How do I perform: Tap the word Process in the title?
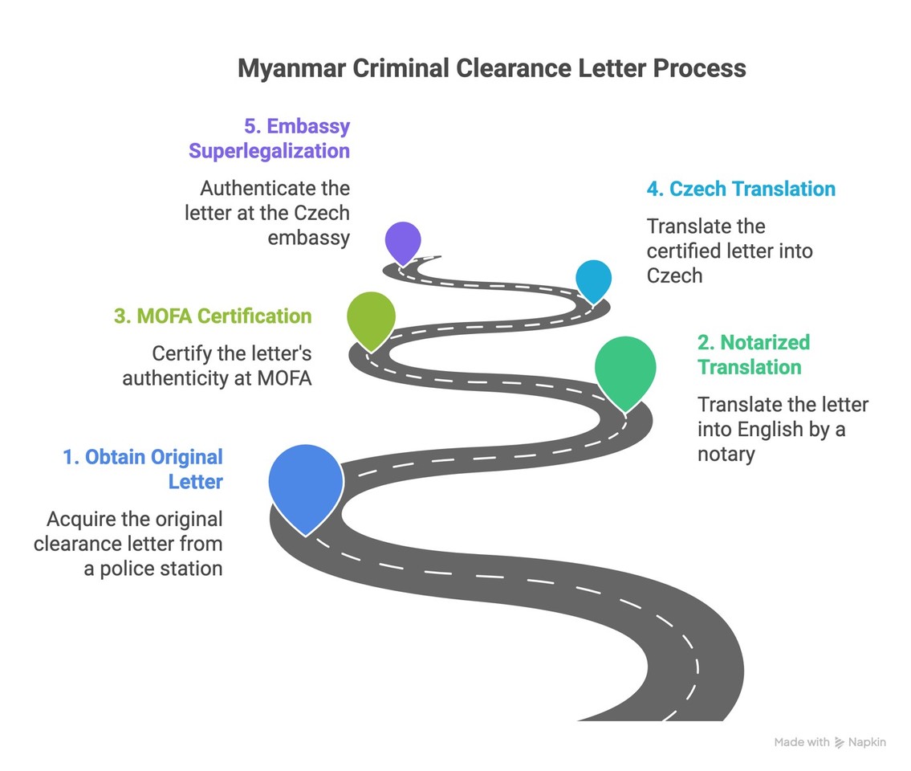(698, 68)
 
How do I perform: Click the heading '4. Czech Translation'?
(741, 190)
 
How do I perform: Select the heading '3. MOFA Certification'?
(213, 316)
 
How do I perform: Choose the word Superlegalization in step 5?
(269, 151)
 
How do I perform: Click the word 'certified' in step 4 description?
(685, 251)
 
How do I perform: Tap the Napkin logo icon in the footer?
(840, 743)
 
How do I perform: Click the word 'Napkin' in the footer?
(868, 743)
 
